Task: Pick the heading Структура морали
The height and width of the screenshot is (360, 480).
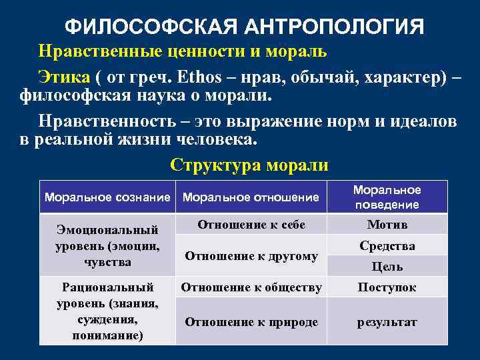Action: (249, 165)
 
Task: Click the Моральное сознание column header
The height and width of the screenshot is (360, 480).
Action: (107, 197)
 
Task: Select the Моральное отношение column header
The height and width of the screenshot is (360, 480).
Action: (251, 197)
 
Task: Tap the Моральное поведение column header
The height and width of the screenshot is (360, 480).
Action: (387, 197)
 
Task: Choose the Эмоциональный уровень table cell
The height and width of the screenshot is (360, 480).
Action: (107, 246)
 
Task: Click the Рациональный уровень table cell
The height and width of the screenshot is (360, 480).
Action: (107, 311)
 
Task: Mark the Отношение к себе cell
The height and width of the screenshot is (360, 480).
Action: (251, 225)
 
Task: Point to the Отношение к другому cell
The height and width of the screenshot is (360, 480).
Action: (251, 255)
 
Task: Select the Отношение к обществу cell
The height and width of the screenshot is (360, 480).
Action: (251, 287)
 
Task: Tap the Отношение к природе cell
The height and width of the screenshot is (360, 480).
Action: (251, 322)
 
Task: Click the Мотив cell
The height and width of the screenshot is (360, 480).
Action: (387, 225)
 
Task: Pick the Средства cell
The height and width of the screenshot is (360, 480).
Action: (387, 246)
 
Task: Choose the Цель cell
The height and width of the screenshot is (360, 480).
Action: (387, 267)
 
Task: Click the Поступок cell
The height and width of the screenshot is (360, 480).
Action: (387, 287)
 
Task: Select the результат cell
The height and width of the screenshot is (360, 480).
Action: (387, 322)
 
